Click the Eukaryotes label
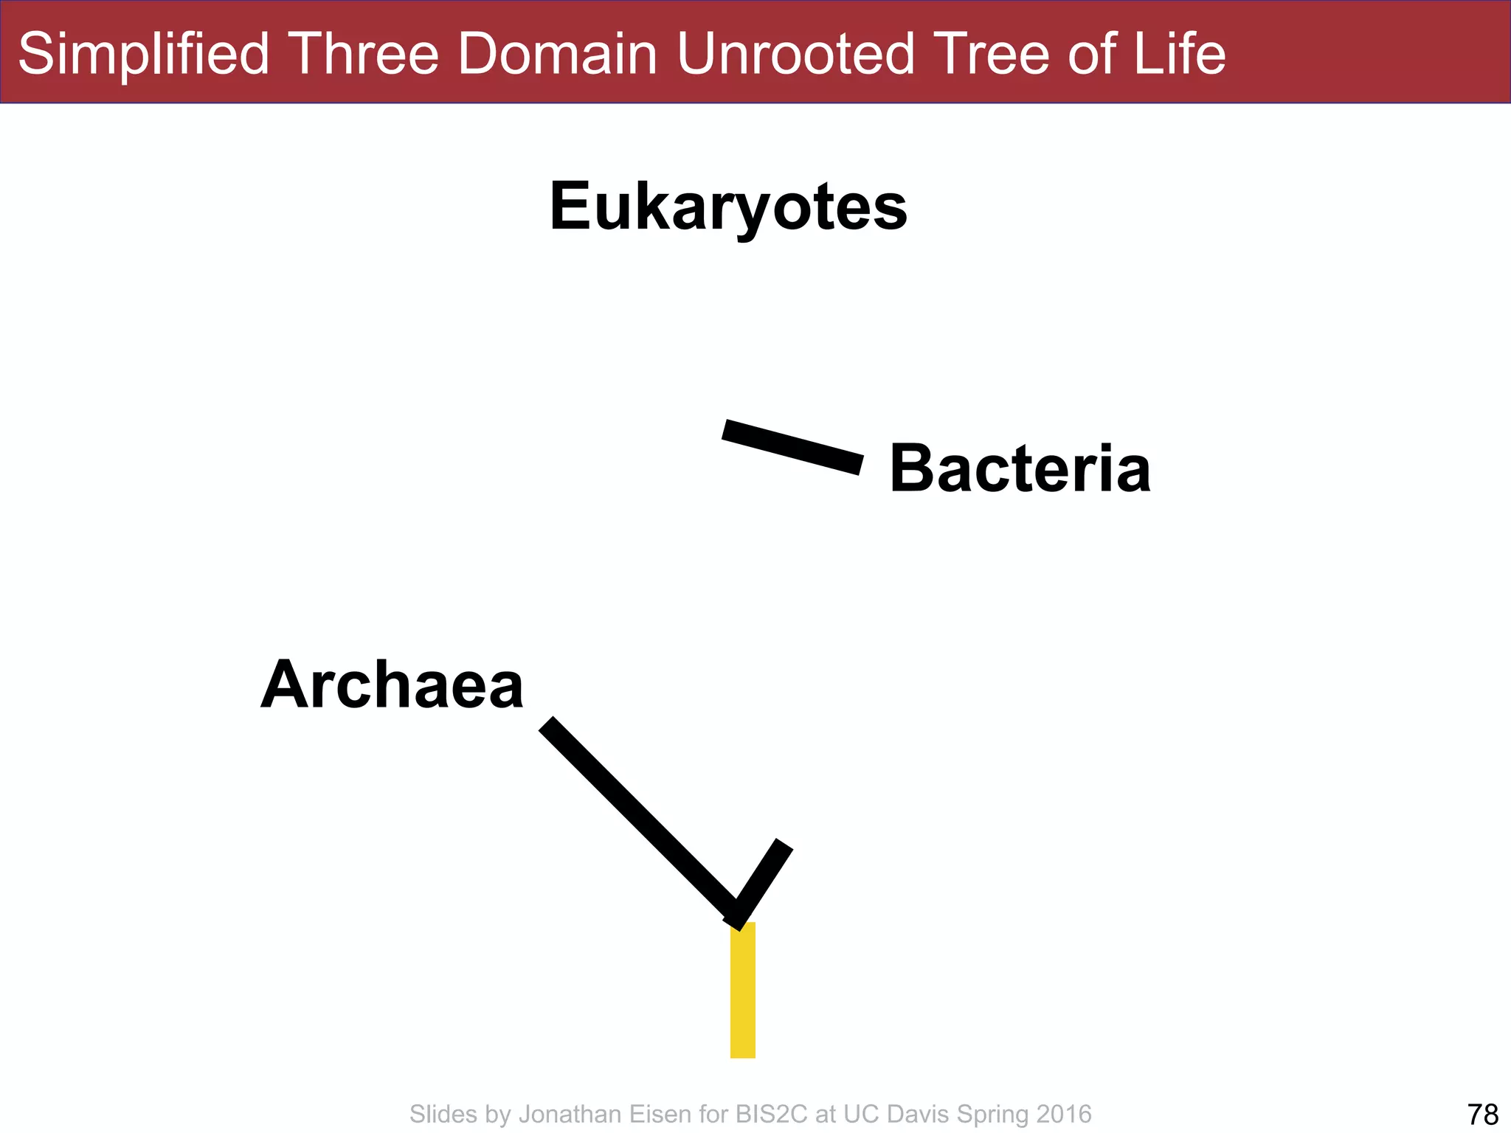728,207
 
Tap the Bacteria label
1020,469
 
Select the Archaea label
392,685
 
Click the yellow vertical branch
742,990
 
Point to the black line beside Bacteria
792,447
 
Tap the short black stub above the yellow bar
764,881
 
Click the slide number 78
1483,1114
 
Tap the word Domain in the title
557,54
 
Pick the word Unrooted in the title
795,54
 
